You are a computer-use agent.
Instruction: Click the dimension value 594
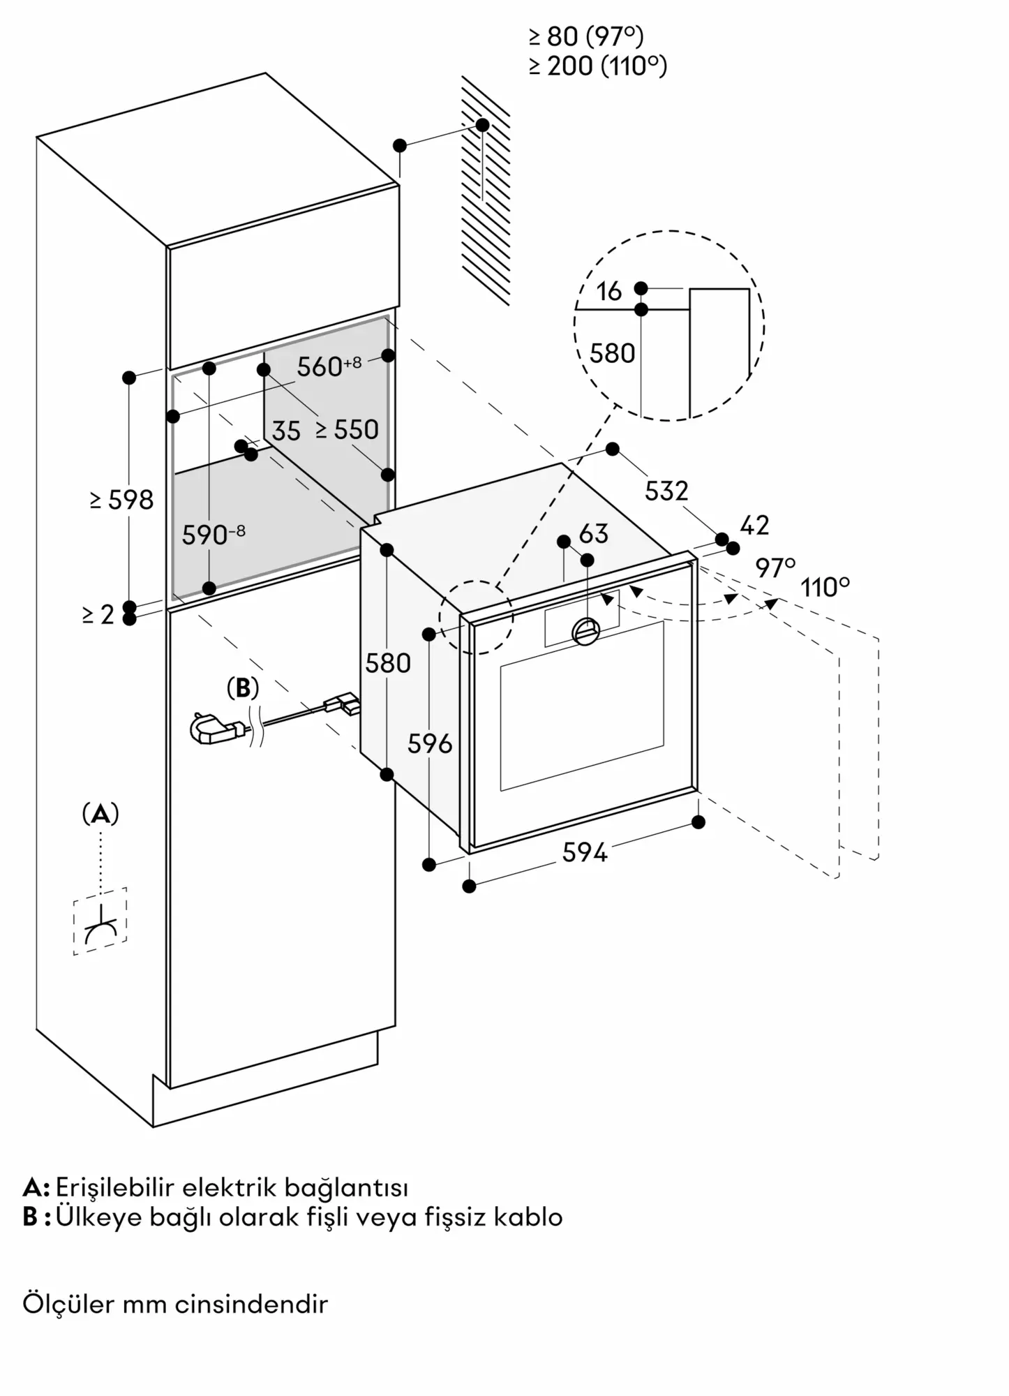tap(585, 852)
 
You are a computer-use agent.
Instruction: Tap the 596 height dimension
tap(430, 744)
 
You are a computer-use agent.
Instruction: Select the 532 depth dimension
tap(666, 491)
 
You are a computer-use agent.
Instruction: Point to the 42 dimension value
tap(754, 526)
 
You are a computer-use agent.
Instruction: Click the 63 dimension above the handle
tap(594, 534)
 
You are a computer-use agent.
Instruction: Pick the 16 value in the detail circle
tap(609, 292)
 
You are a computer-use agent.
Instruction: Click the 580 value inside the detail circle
tap(612, 354)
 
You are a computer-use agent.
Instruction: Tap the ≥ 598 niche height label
tap(121, 500)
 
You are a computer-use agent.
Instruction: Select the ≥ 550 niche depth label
tap(347, 430)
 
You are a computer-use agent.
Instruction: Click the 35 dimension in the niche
tap(286, 431)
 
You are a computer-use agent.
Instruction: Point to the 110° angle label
tap(825, 588)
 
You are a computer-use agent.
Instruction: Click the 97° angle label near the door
tap(775, 568)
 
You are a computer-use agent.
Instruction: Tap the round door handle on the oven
tap(585, 631)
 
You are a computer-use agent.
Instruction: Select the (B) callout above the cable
tap(243, 688)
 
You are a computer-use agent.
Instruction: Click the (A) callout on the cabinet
tap(100, 814)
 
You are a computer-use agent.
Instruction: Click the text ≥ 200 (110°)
tap(598, 66)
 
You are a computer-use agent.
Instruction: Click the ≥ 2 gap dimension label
tap(98, 615)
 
